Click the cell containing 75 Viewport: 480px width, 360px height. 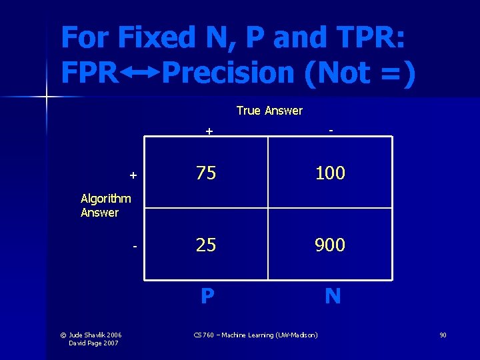pos(206,173)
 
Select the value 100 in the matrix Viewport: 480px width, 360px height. pos(330,173)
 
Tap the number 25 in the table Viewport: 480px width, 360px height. pos(206,245)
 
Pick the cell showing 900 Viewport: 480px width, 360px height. pos(330,245)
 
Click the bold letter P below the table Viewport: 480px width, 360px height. pos(207,296)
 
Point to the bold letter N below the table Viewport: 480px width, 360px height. pos(332,296)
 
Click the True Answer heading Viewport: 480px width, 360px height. pos(269,111)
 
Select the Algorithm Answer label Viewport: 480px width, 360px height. pos(105,205)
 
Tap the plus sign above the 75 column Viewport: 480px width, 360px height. pos(209,131)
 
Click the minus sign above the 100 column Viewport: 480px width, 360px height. pos(331,130)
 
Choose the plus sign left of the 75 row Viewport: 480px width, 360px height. pos(133,175)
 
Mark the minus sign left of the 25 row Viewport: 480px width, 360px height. pos(134,247)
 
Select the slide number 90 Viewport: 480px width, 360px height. pos(443,334)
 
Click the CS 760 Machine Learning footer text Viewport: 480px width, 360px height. pos(255,334)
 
